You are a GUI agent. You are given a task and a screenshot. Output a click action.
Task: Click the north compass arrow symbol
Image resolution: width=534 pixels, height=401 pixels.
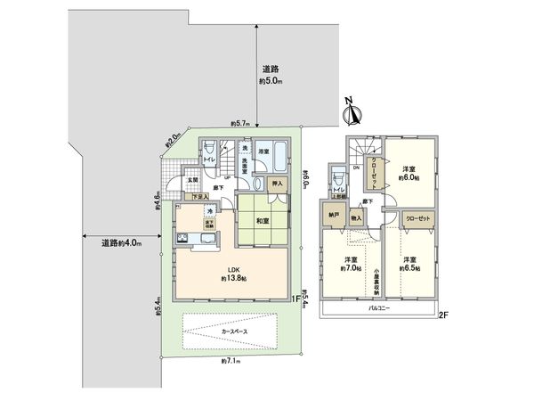click(352, 113)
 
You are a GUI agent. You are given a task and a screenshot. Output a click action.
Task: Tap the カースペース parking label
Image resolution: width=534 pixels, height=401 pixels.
click(237, 332)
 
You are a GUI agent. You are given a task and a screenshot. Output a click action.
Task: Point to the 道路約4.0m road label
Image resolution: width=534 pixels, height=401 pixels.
click(117, 241)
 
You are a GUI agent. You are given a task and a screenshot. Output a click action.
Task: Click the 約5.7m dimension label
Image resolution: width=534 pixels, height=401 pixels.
click(239, 123)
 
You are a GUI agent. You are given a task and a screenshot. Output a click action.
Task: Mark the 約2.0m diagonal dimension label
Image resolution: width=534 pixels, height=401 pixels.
click(173, 139)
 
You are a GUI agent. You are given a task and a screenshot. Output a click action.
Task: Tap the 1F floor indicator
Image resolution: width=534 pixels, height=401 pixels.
click(295, 299)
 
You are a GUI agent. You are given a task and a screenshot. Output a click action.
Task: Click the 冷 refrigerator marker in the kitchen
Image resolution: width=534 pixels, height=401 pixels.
click(210, 211)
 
